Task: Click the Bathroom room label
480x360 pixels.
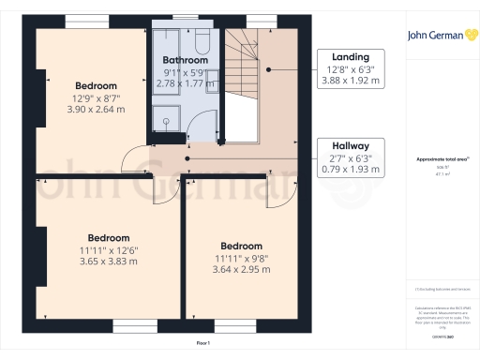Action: tap(185, 60)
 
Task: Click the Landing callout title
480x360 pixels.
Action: tap(355, 56)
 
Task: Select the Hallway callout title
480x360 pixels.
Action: tap(355, 145)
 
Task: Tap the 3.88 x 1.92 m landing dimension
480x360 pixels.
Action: tap(355, 82)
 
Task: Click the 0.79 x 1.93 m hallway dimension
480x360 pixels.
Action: tap(355, 171)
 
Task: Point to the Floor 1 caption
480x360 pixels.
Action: tap(203, 345)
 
